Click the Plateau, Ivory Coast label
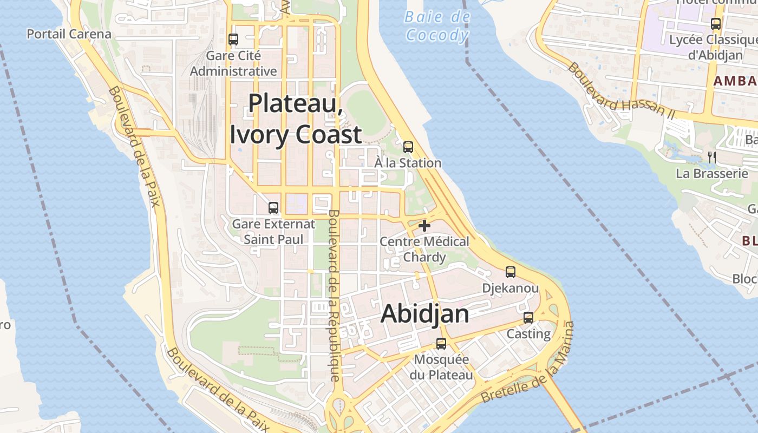coord(296,119)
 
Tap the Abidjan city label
coord(425,314)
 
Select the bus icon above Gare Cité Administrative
coord(233,40)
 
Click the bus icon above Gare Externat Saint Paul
coord(273,208)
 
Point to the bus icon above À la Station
coord(408,147)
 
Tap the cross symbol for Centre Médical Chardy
coord(424,225)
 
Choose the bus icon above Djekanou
coord(510,272)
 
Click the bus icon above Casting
coord(528,318)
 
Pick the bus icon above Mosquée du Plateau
coord(441,343)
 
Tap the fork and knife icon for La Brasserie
coord(712,158)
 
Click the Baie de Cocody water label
coord(437,26)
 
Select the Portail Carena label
coord(69,34)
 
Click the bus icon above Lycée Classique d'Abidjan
coord(716,24)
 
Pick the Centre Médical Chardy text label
coord(424,249)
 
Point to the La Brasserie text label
coord(712,174)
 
